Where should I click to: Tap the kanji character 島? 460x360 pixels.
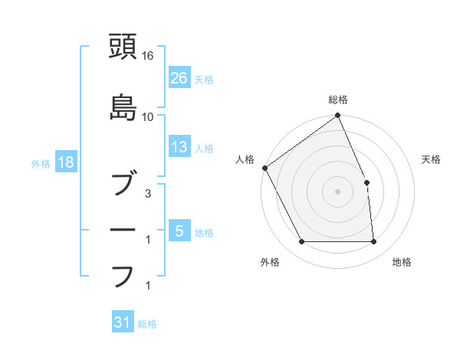point(123,108)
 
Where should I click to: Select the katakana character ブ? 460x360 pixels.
point(123,186)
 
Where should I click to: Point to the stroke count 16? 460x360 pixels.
point(148,56)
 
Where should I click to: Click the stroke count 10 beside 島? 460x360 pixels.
point(148,117)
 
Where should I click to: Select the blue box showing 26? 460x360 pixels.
point(179,77)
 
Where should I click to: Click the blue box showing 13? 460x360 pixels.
point(179,147)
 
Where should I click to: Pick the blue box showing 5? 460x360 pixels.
point(179,231)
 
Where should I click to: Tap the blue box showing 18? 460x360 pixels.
point(66,163)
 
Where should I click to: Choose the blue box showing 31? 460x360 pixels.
point(123,323)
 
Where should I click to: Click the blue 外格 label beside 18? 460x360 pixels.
point(41,164)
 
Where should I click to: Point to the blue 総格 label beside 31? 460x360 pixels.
point(147,324)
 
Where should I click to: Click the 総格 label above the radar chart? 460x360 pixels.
point(338,100)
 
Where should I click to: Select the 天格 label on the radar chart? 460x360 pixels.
point(431,159)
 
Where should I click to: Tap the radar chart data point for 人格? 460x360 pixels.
point(264,168)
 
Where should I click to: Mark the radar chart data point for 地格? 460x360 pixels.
point(374,242)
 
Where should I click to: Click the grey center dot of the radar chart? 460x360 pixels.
point(337,191)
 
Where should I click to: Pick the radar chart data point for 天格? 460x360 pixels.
point(366,182)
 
